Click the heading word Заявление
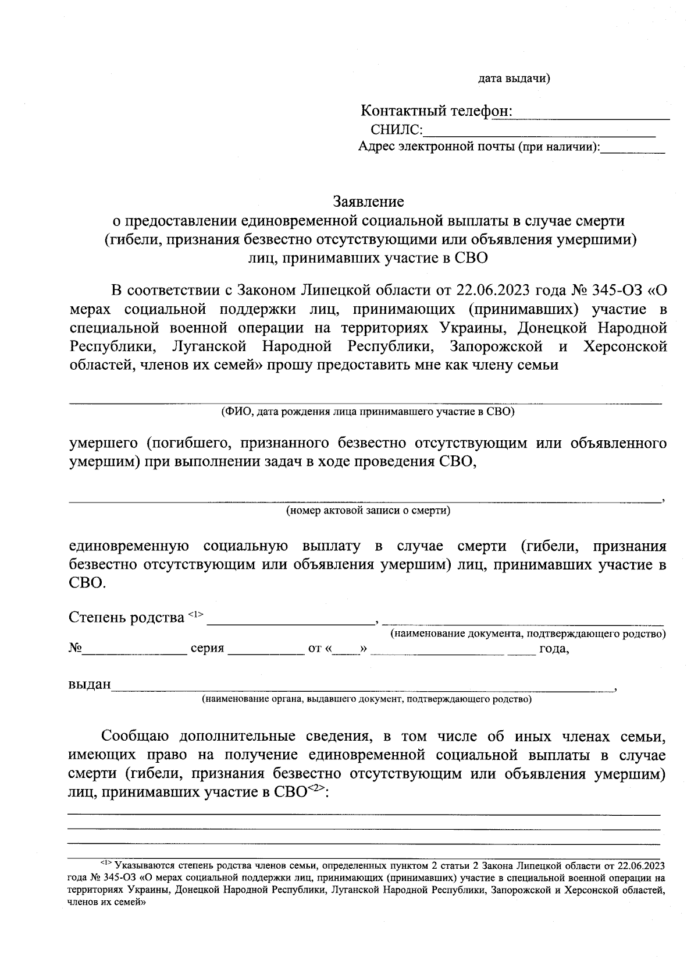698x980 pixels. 368,202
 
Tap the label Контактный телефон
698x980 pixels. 436,111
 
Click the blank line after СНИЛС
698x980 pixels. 539,131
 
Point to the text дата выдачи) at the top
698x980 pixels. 514,79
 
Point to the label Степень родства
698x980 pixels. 126,617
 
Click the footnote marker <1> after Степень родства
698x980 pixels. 195,614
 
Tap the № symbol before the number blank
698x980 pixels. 74,648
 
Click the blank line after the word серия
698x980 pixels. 266,650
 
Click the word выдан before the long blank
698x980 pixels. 90,684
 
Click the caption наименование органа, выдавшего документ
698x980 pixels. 366,699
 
